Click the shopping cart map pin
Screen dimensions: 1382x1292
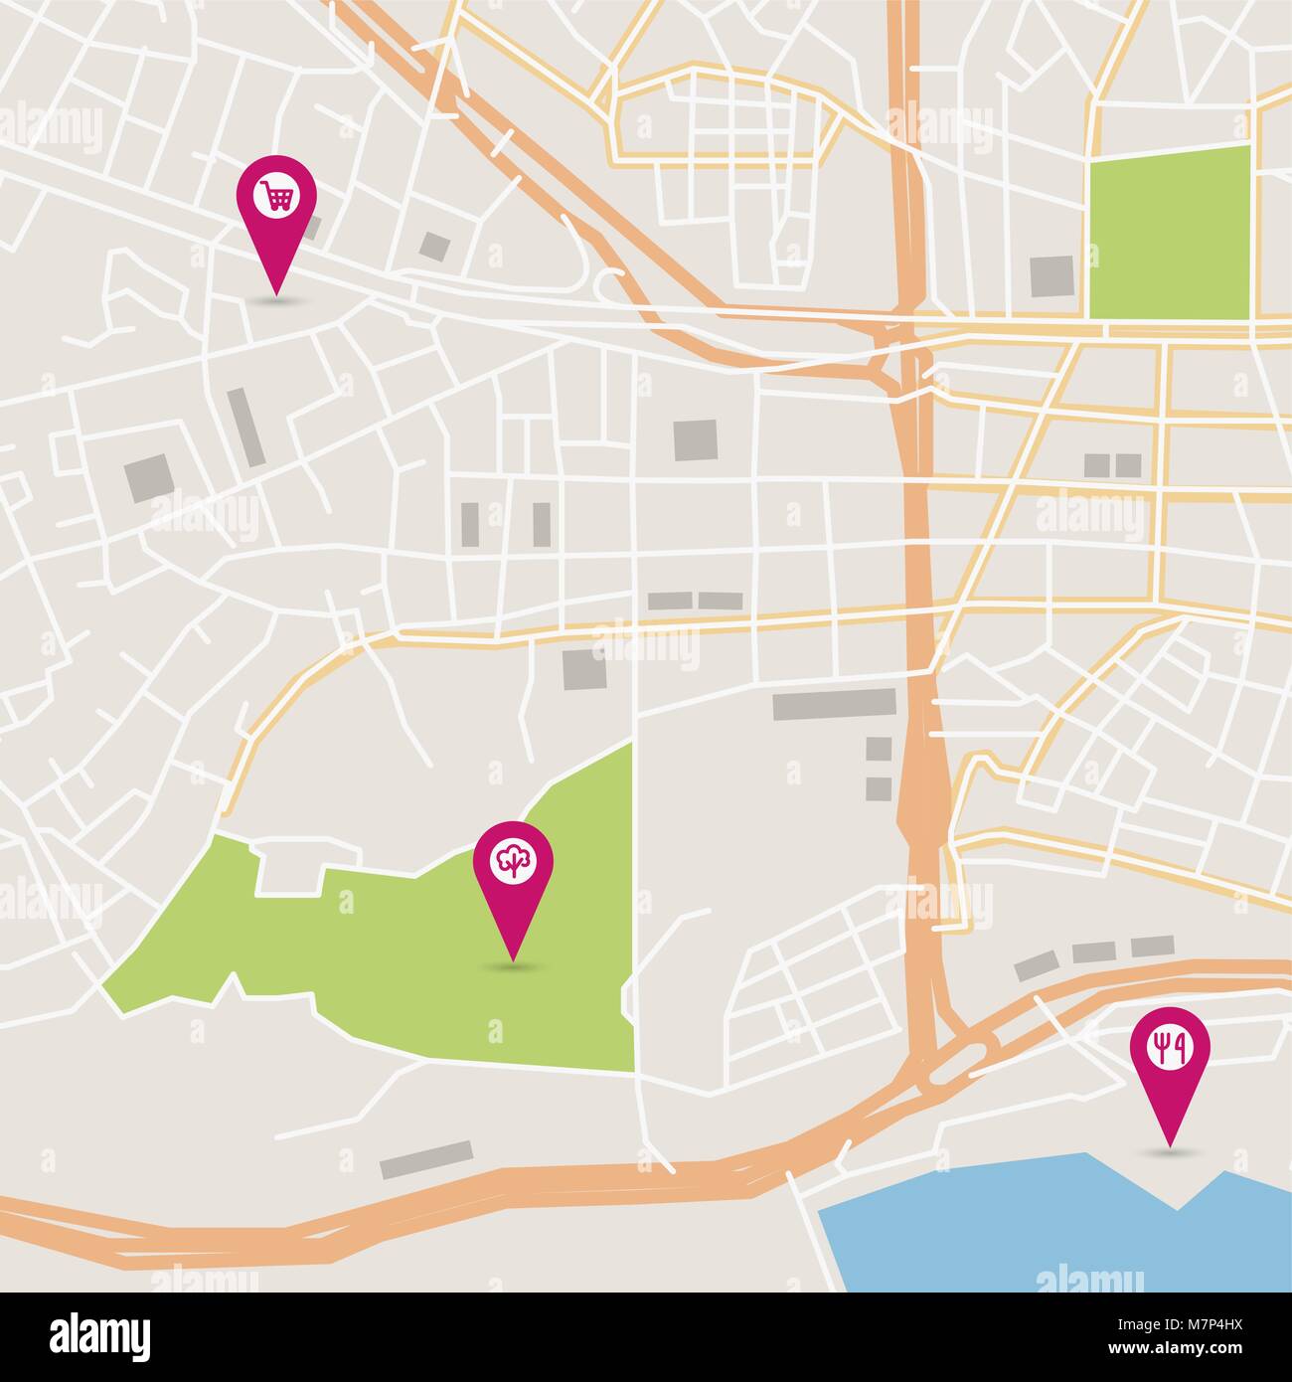[x=275, y=204]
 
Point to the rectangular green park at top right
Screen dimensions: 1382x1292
[x=1170, y=232]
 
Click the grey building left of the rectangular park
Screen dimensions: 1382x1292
[x=1051, y=275]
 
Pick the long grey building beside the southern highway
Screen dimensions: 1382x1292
[x=426, y=1159]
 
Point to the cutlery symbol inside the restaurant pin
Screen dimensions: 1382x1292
[x=1170, y=1046]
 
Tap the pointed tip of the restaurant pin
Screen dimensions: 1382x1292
[x=1170, y=1144]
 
